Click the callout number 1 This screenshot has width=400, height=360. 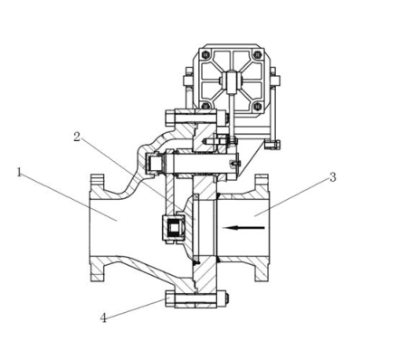coord(19,173)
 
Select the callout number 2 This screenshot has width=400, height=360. coord(77,137)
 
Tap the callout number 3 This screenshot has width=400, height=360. coord(333,177)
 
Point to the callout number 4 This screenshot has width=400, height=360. coord(103,318)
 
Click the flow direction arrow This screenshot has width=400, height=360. coord(243,228)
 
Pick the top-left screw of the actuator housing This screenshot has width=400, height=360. coord(206,55)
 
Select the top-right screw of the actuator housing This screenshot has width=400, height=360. coord(257,55)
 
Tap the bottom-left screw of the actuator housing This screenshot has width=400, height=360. coord(206,106)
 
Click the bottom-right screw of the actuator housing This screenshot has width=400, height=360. coord(257,106)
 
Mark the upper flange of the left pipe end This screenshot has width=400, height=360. coord(98,184)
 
